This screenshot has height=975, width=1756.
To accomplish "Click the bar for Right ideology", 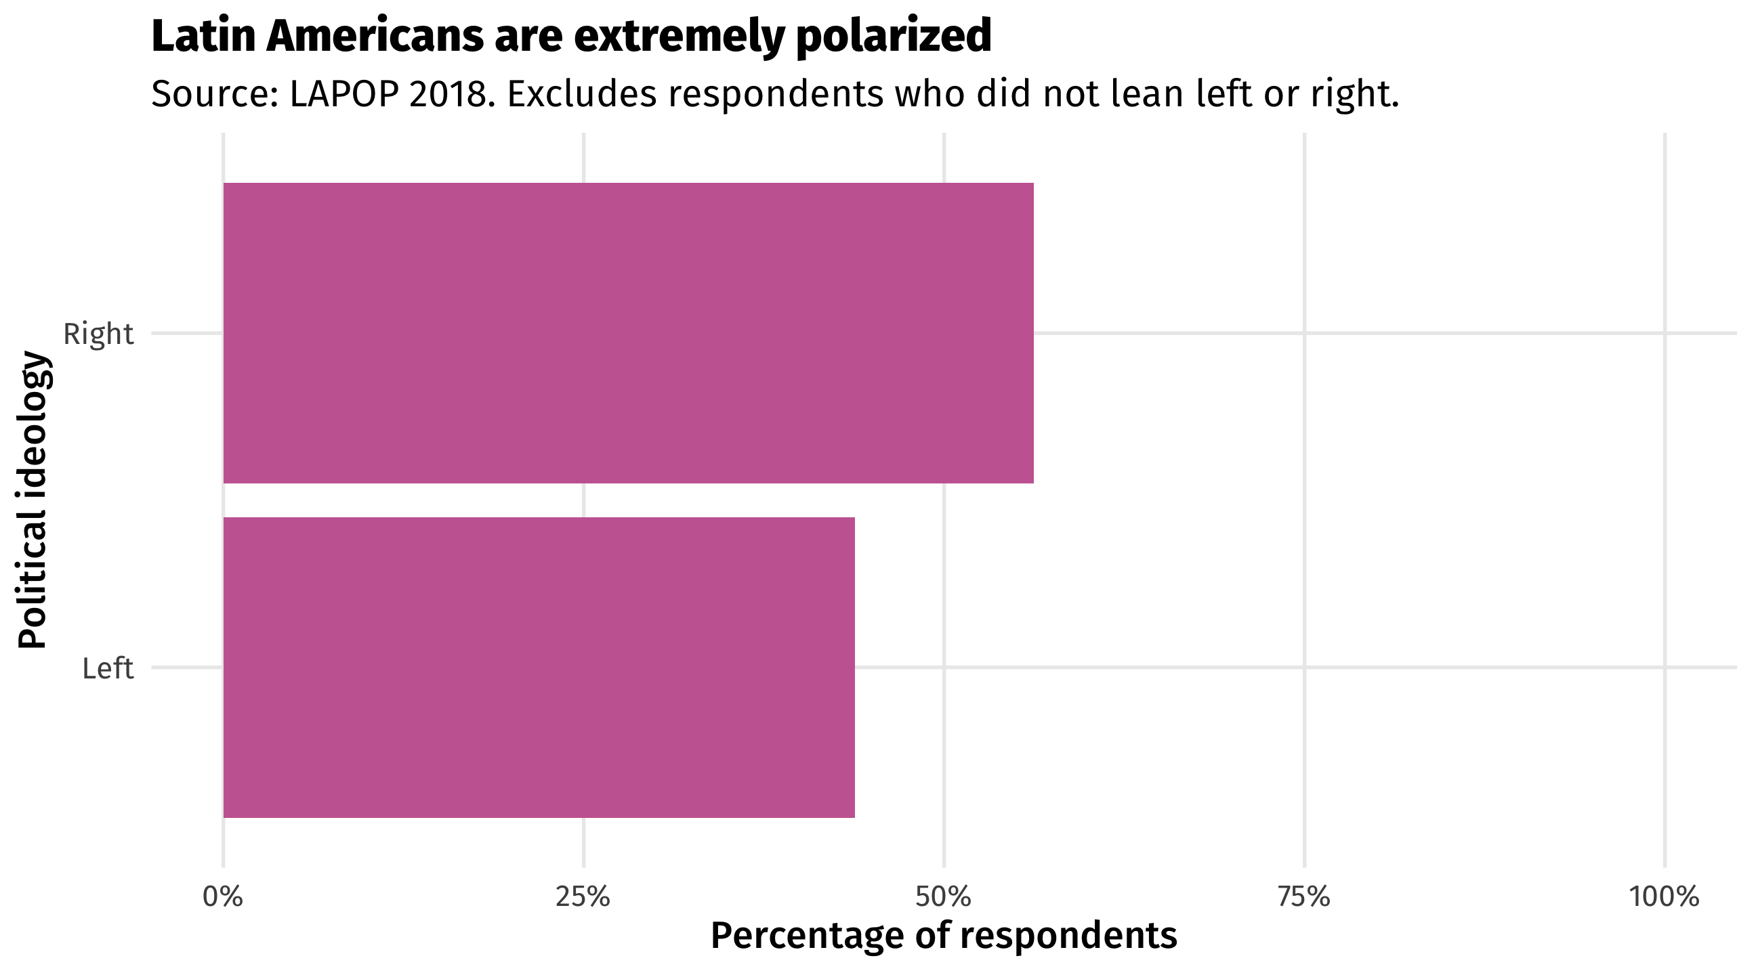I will (x=628, y=332).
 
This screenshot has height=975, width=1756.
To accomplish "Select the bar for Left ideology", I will (x=539, y=667).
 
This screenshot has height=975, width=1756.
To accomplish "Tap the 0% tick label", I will (x=223, y=897).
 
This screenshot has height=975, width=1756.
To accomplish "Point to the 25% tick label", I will (x=583, y=897).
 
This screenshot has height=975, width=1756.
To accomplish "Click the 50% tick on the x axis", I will (x=944, y=897).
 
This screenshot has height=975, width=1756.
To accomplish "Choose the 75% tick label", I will (x=1303, y=897).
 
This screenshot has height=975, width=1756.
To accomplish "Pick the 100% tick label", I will (x=1664, y=897).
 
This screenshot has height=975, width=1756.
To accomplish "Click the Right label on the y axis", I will (x=98, y=334).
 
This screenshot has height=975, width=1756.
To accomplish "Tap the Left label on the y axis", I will (x=108, y=668).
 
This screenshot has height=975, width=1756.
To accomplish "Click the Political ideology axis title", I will (x=33, y=500).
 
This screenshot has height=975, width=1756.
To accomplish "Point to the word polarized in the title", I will (x=893, y=37).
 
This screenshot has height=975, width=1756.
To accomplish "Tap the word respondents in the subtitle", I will (x=776, y=95).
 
